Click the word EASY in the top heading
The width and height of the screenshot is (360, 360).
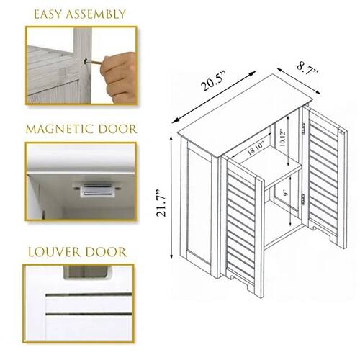(48, 14)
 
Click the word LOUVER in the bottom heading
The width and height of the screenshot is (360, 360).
(53, 252)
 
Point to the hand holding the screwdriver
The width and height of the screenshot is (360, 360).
(122, 72)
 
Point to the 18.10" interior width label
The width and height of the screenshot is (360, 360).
(256, 150)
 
